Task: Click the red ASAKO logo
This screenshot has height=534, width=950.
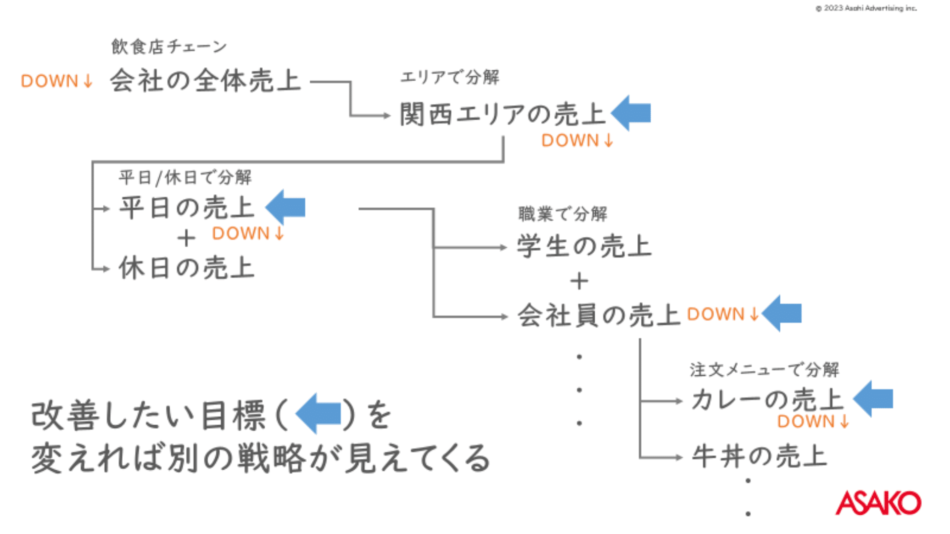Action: [878, 503]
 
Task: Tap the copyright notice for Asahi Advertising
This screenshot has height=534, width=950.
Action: [866, 8]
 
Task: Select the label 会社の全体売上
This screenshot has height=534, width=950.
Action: [205, 81]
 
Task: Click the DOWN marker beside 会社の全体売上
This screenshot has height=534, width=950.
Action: [56, 81]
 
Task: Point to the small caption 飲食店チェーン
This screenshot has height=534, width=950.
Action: [169, 46]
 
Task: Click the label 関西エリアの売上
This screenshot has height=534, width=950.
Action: [502, 114]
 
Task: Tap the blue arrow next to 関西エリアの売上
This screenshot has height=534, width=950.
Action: [631, 113]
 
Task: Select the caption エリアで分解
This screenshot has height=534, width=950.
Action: [450, 77]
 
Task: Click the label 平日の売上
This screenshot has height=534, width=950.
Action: [187, 207]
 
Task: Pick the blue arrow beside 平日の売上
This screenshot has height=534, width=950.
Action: [285, 207]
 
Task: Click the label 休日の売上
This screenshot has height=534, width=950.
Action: [187, 268]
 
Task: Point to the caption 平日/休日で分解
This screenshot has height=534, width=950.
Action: [185, 177]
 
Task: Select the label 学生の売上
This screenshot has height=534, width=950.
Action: [584, 246]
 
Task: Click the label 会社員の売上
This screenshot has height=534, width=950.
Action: [599, 315]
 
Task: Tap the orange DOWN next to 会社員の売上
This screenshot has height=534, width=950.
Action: [722, 314]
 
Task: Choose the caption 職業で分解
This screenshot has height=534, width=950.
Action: [563, 214]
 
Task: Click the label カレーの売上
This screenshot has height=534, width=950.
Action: [767, 400]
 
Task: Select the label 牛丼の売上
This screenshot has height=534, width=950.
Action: [760, 456]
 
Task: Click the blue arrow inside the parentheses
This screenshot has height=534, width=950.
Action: [319, 414]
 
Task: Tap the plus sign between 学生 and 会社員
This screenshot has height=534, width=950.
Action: [579, 281]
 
